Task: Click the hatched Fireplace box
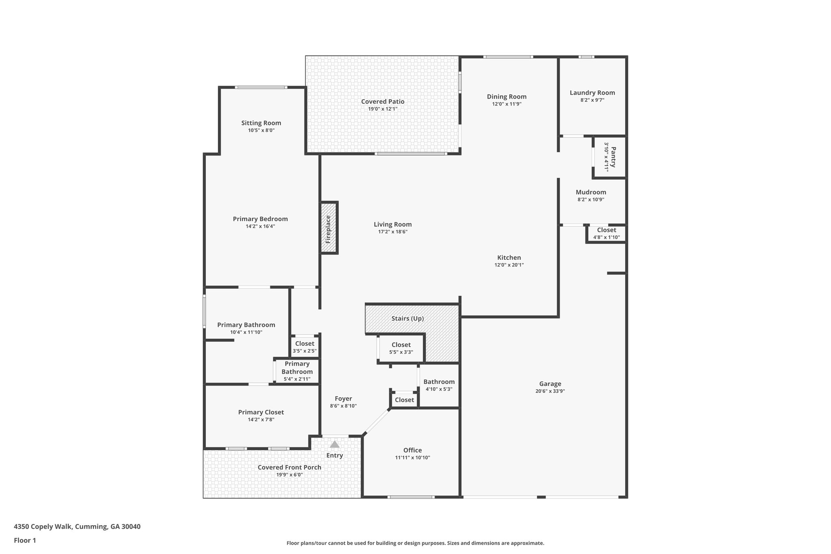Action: click(329, 228)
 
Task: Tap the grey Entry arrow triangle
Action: click(334, 444)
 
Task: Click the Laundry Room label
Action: click(592, 93)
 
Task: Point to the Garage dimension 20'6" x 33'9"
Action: click(550, 391)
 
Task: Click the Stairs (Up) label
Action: click(407, 319)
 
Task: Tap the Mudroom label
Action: click(591, 192)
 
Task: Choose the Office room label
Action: click(413, 450)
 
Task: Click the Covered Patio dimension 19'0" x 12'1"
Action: click(383, 109)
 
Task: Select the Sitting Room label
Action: click(261, 123)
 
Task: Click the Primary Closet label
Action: click(261, 412)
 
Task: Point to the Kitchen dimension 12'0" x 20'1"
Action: click(509, 265)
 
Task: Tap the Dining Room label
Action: click(507, 97)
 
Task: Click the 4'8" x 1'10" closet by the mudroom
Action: click(607, 233)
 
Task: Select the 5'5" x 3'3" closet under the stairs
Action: click(401, 348)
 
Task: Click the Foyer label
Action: click(343, 399)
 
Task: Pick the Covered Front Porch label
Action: click(289, 468)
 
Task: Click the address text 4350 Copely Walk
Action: click(43, 527)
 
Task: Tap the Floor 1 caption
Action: click(25, 540)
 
